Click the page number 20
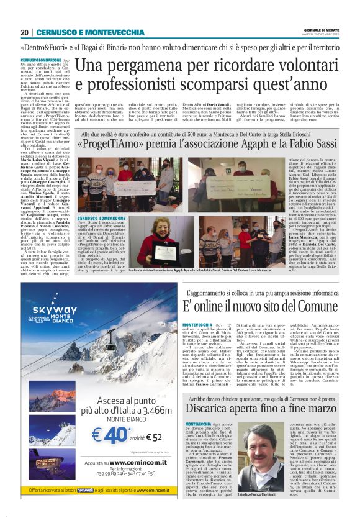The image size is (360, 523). tap(25, 32)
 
